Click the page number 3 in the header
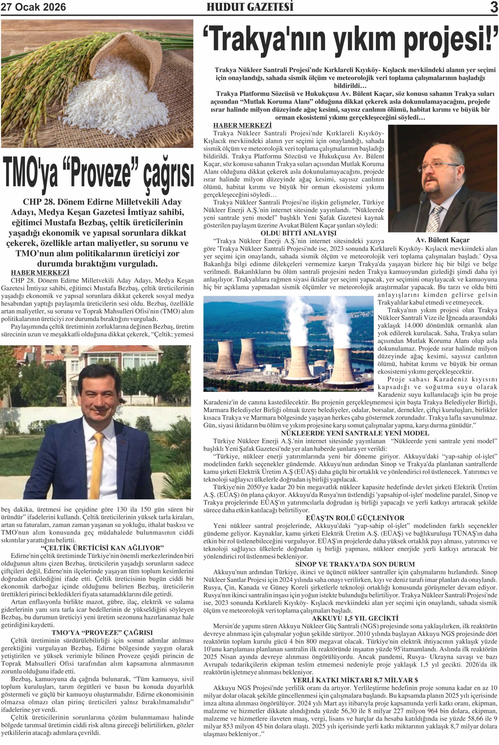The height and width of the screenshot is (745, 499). tap(493, 7)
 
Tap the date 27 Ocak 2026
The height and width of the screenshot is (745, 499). tap(33, 7)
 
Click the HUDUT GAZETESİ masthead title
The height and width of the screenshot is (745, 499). tap(250, 7)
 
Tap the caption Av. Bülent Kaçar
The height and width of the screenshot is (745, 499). tap(442, 240)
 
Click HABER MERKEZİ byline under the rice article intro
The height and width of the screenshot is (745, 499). tap(40, 273)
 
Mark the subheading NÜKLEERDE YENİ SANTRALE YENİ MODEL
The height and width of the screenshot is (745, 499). tap(355, 433)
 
